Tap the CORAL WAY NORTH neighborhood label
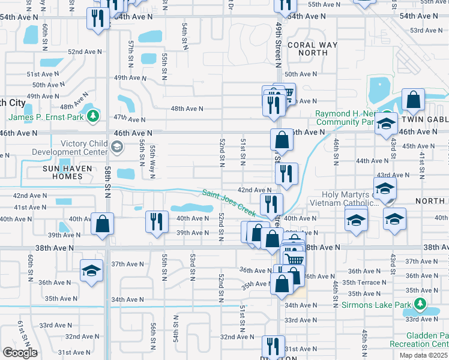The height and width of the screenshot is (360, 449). (307, 49)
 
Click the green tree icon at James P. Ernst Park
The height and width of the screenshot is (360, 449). (93, 115)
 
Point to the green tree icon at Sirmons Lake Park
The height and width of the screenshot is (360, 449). (420, 305)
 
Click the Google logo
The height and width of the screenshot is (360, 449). (19, 352)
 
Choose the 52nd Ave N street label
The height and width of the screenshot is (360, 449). (83, 52)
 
